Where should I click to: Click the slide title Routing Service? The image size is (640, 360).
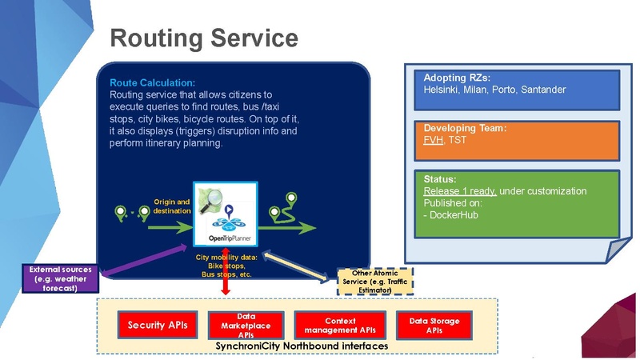[x=203, y=38]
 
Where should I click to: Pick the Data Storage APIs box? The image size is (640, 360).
[x=434, y=325]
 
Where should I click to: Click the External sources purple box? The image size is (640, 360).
[x=60, y=278]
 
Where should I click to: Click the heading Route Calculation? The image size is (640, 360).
[x=152, y=82]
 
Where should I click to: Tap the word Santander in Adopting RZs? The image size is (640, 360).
[x=543, y=90]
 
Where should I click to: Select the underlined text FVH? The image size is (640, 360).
[x=433, y=140]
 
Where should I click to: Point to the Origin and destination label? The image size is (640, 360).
[x=172, y=206]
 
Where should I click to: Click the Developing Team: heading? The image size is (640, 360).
[x=466, y=128]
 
